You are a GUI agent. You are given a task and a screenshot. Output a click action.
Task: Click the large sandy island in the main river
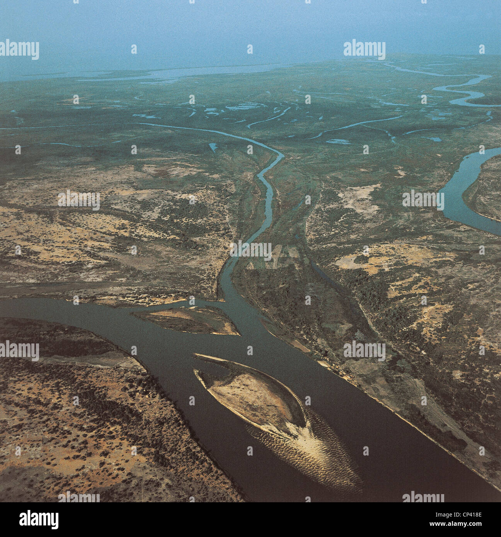coord(251,398)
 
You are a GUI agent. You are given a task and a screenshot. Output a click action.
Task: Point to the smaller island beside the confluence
coord(189,321)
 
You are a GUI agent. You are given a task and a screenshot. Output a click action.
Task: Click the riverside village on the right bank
coord(336,367)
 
